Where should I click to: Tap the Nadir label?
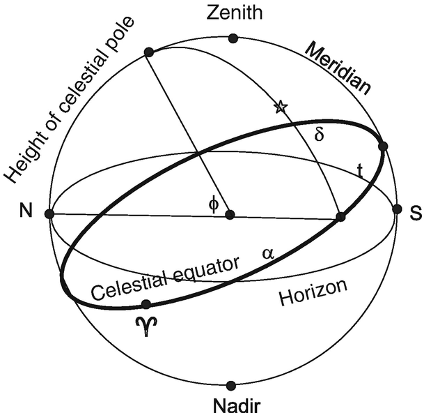pos(232,403)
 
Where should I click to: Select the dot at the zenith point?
pos(233,38)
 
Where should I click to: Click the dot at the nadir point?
pos(232,385)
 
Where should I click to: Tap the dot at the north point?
pos(49,214)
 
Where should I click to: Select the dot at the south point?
pos(397,209)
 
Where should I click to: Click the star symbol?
pos(280,107)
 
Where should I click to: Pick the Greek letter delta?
pos(319,134)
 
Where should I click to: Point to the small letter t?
pos(359,170)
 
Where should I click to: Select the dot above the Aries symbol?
pos(146,305)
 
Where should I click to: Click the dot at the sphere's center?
pos(230,214)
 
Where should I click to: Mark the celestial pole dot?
pos(148,52)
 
